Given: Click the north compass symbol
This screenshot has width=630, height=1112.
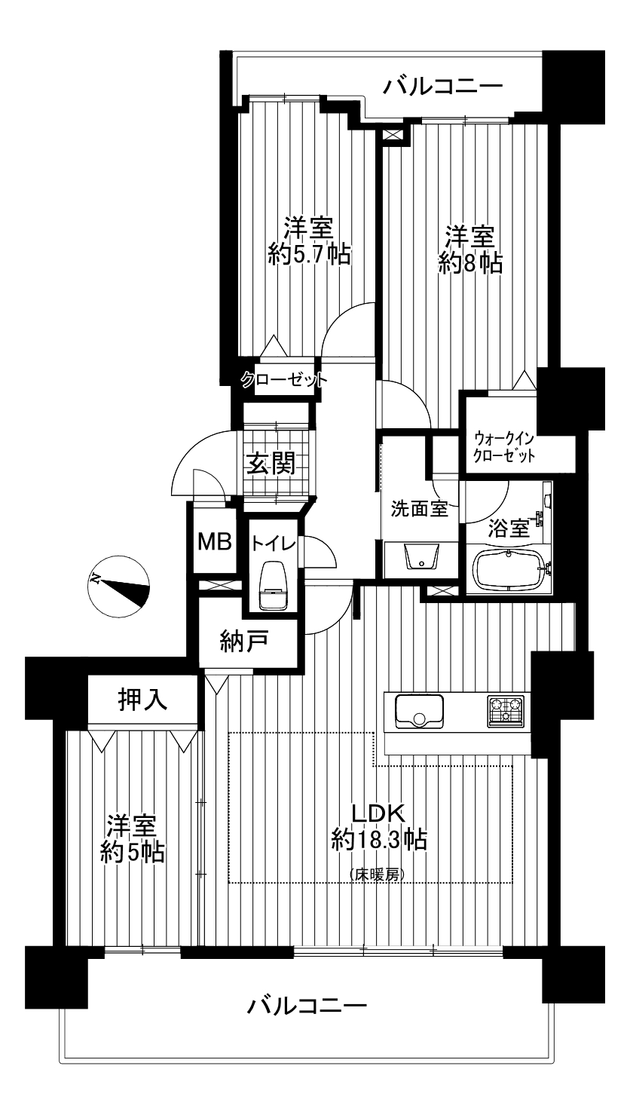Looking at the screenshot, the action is click(x=119, y=586).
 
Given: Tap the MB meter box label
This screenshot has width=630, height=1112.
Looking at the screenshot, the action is click(x=215, y=541).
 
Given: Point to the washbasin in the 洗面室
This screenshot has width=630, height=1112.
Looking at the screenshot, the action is click(x=422, y=556).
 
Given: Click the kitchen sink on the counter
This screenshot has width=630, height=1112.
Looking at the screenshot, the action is click(x=419, y=711).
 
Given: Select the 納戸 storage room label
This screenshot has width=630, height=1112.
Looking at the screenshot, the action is click(x=244, y=643).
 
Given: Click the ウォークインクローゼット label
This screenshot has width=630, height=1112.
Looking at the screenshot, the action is click(x=504, y=447).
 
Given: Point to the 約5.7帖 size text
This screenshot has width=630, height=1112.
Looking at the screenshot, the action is click(x=310, y=255).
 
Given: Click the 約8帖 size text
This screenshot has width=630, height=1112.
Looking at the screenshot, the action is click(x=470, y=264).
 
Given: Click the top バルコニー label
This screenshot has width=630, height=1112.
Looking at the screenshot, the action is click(x=443, y=88).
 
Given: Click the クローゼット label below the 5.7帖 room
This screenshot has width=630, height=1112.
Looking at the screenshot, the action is click(x=284, y=380).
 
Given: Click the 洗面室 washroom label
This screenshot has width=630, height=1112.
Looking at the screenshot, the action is click(x=420, y=509).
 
